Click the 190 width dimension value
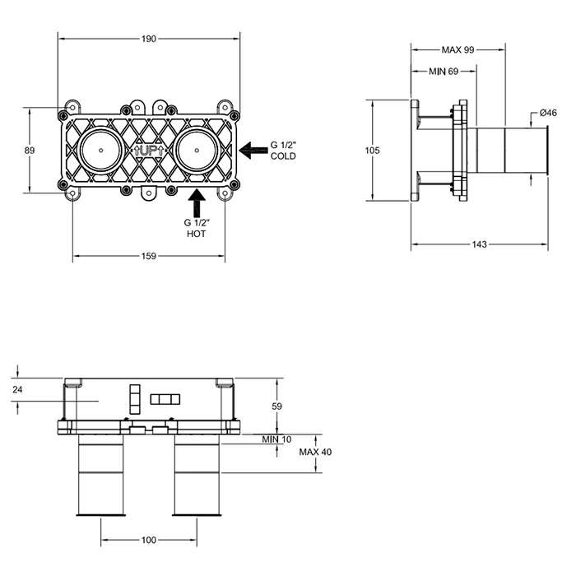(149, 39)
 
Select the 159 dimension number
(149, 256)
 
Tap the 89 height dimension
(30, 151)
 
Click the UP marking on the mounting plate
(149, 151)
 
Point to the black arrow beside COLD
(253, 151)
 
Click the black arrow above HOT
(197, 202)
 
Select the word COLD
(283, 156)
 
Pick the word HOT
(196, 234)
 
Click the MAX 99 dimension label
(458, 49)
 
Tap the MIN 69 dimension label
(444, 72)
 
